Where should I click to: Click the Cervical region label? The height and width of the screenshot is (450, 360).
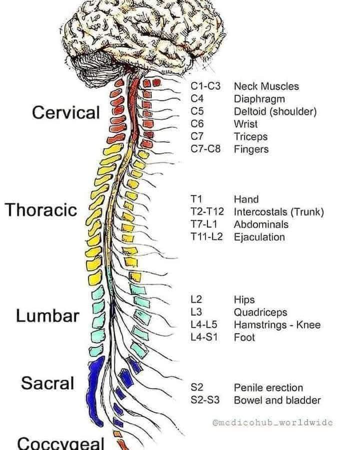click(66, 112)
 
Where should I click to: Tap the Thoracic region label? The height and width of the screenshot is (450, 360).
click(41, 209)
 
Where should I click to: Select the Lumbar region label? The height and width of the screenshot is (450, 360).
click(47, 316)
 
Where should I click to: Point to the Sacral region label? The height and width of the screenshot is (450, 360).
click(47, 383)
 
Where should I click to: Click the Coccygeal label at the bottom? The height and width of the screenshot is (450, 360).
click(60, 443)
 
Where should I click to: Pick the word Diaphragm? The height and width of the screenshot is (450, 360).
click(259, 99)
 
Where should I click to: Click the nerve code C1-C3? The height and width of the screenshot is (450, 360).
click(205, 86)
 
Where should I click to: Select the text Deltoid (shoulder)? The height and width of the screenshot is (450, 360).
click(275, 111)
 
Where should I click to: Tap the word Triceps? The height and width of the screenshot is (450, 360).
click(250, 137)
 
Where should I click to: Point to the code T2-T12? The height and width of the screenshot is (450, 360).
click(207, 212)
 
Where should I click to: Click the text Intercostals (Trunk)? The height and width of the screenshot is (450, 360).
click(278, 212)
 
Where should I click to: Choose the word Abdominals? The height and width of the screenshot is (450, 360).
click(261, 224)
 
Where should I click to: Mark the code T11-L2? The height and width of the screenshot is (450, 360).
click(206, 237)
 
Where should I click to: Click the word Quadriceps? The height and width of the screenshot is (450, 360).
click(260, 312)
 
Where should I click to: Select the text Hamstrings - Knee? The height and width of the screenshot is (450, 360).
click(277, 325)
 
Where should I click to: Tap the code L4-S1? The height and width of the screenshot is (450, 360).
click(204, 338)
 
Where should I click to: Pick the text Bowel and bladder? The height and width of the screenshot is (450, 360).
click(277, 401)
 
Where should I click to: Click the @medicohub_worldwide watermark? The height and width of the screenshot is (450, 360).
click(272, 423)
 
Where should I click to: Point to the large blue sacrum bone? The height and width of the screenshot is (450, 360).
click(95, 390)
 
